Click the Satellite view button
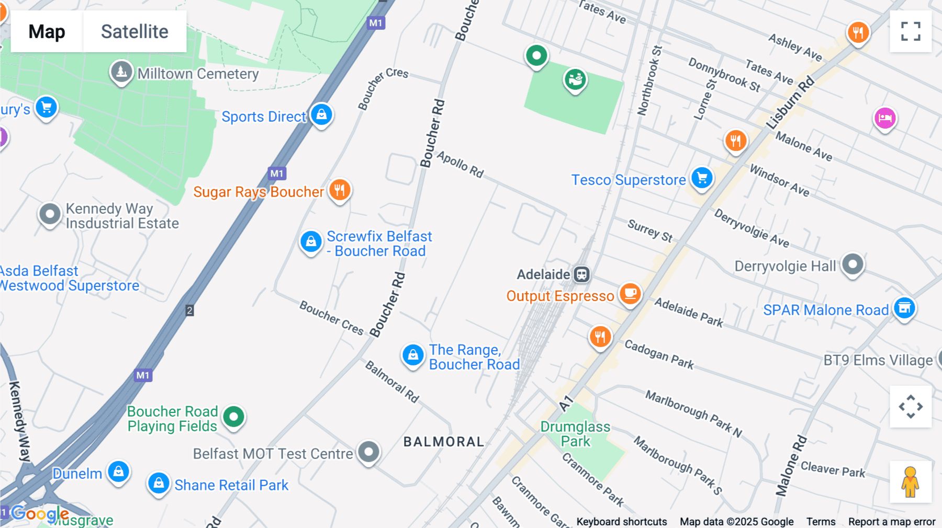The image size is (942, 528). point(134,32)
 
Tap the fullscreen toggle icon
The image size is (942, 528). point(911,31)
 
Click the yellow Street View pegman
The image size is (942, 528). point(910,482)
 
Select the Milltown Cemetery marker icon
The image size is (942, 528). point(121,72)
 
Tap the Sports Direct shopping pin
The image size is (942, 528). point(321,114)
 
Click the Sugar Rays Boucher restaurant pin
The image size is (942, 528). point(340,190)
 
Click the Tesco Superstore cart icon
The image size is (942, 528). point(702,178)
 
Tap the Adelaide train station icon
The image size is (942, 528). point(581,274)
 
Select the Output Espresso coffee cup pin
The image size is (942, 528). point(630,294)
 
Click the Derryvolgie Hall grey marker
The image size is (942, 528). point(853,265)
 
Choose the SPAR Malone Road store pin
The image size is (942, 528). point(904,308)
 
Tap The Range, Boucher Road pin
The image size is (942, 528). point(413,355)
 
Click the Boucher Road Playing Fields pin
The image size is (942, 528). point(233,417)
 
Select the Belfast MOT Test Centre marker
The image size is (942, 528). point(368,452)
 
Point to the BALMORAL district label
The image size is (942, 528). point(444,442)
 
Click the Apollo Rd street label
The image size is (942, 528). point(461,165)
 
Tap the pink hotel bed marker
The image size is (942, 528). point(885,118)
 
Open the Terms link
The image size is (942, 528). point(821,522)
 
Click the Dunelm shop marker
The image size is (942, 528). point(119,472)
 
